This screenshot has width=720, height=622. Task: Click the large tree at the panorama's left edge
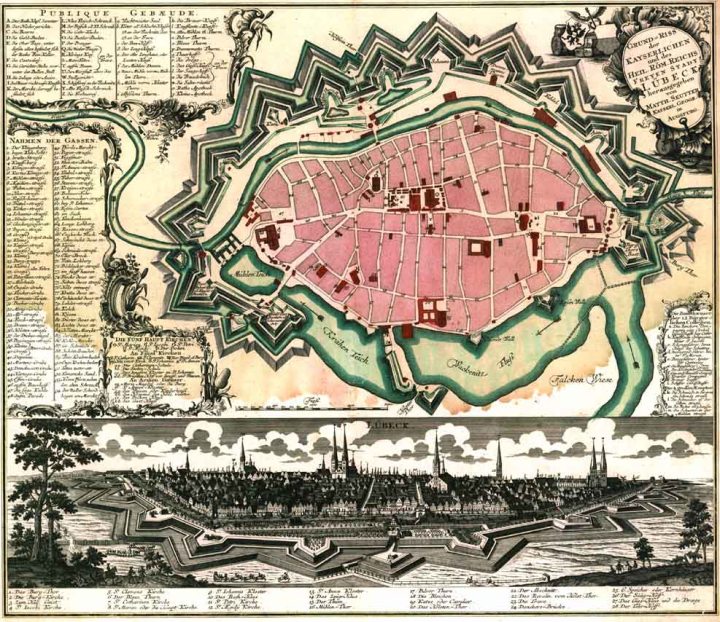(40, 460)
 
